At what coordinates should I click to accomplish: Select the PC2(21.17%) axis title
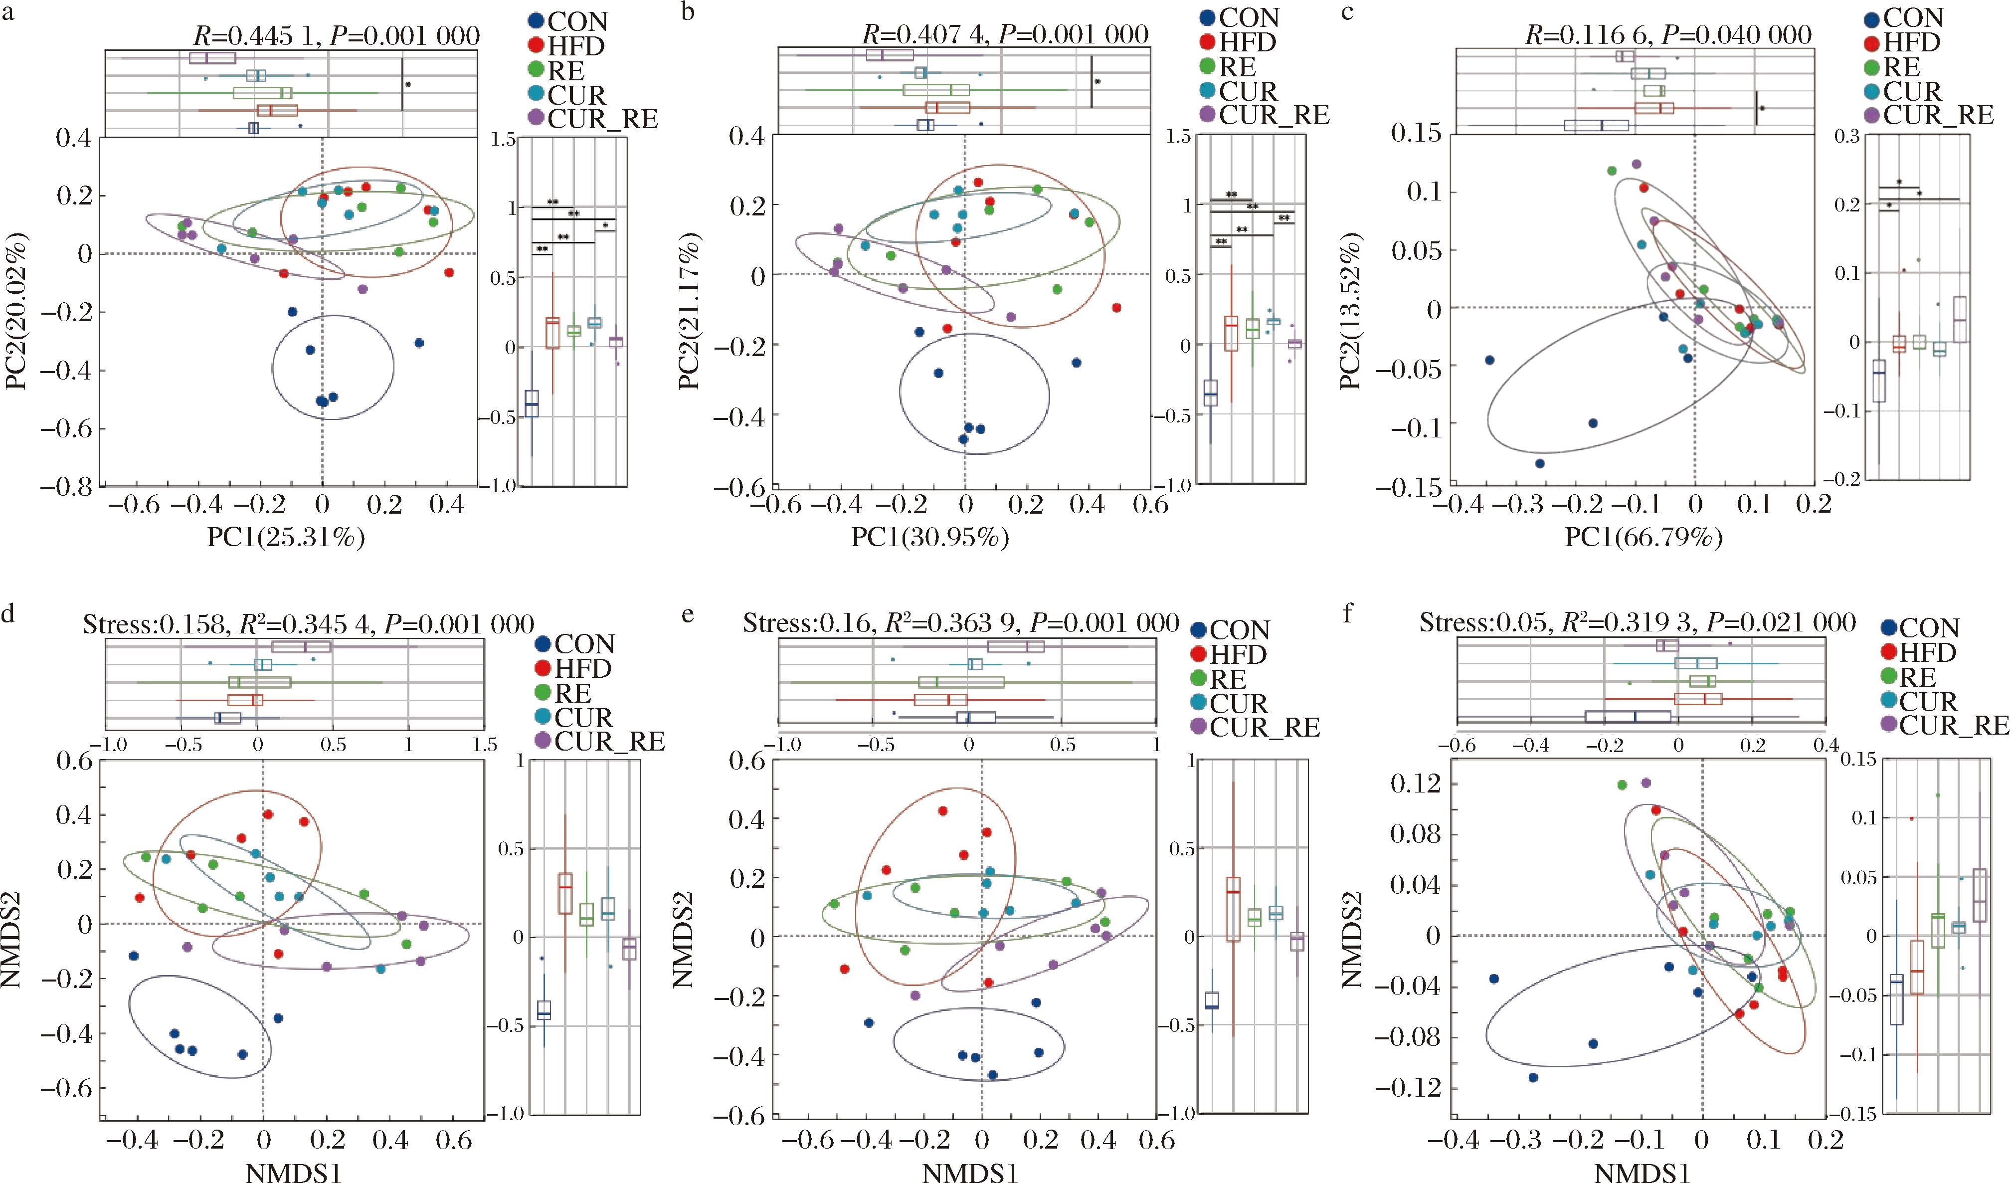690,311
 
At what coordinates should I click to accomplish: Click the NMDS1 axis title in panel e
963,1173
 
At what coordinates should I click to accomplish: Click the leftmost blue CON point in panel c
1489,360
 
